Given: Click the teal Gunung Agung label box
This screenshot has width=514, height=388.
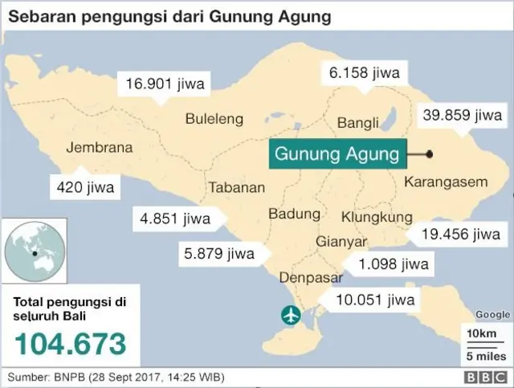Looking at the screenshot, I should coord(337,153).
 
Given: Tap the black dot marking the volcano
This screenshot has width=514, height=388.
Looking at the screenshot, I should coord(430,154).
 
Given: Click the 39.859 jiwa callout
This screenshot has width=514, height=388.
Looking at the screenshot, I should coord(462,116).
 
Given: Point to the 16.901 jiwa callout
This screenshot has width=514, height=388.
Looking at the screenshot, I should coord(165,83).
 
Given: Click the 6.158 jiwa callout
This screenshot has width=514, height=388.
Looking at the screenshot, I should coord(364,72).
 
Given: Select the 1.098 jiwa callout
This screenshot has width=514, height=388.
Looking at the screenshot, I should coord(394,263).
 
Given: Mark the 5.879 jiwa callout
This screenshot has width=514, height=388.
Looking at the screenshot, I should coord(218,254).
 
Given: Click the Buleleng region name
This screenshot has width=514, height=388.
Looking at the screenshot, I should coord(214,119).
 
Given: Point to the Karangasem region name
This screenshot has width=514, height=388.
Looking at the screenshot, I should coord(445,182).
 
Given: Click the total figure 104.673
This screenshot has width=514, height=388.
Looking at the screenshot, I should coord(71,343).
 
